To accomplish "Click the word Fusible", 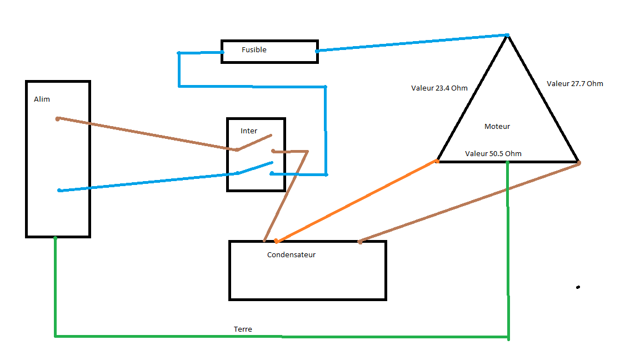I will (x=254, y=50).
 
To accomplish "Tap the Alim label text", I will (x=42, y=99).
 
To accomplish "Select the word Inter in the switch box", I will (x=249, y=131).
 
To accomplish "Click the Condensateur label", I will (x=291, y=255).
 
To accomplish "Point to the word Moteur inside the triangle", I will (x=497, y=127).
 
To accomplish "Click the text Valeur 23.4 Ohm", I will (x=439, y=88).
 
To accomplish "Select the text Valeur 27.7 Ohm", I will (x=574, y=84).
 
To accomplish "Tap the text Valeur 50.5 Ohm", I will (x=493, y=154).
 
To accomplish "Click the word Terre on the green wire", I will (x=243, y=329).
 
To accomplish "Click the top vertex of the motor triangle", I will (x=507, y=36).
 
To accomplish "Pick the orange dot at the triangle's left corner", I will (x=437, y=161).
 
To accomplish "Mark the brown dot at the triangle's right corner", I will (x=578, y=163).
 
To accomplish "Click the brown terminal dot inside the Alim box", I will (x=58, y=118).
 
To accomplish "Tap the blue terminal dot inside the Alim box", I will (x=59, y=191).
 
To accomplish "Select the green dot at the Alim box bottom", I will (x=55, y=238).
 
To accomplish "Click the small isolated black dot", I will (x=578, y=287).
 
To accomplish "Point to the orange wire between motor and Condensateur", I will (x=356, y=202).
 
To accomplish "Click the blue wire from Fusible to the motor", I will (x=411, y=43).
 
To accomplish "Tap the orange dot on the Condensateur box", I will (x=276, y=241).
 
